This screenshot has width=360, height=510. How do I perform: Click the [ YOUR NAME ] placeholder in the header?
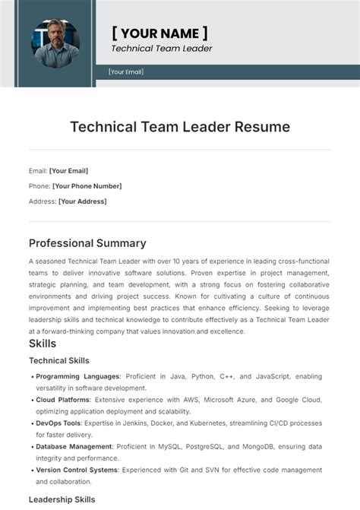coord(159,33)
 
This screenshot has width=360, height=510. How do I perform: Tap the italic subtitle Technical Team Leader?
coord(162,49)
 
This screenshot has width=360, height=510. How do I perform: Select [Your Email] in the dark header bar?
coord(126,72)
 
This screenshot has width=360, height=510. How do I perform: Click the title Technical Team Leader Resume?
coord(180,127)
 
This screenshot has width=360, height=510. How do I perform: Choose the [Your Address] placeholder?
coord(83,201)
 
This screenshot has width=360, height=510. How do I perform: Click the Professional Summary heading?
coord(87,243)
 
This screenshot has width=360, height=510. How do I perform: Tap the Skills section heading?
coord(43,344)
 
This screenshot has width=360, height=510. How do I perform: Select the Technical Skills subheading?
coord(59,360)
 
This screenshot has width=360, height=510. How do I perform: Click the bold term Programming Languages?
coord(77,376)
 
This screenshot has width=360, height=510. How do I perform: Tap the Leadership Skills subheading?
coord(62,499)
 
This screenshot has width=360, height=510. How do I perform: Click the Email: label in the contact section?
coord(38,171)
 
